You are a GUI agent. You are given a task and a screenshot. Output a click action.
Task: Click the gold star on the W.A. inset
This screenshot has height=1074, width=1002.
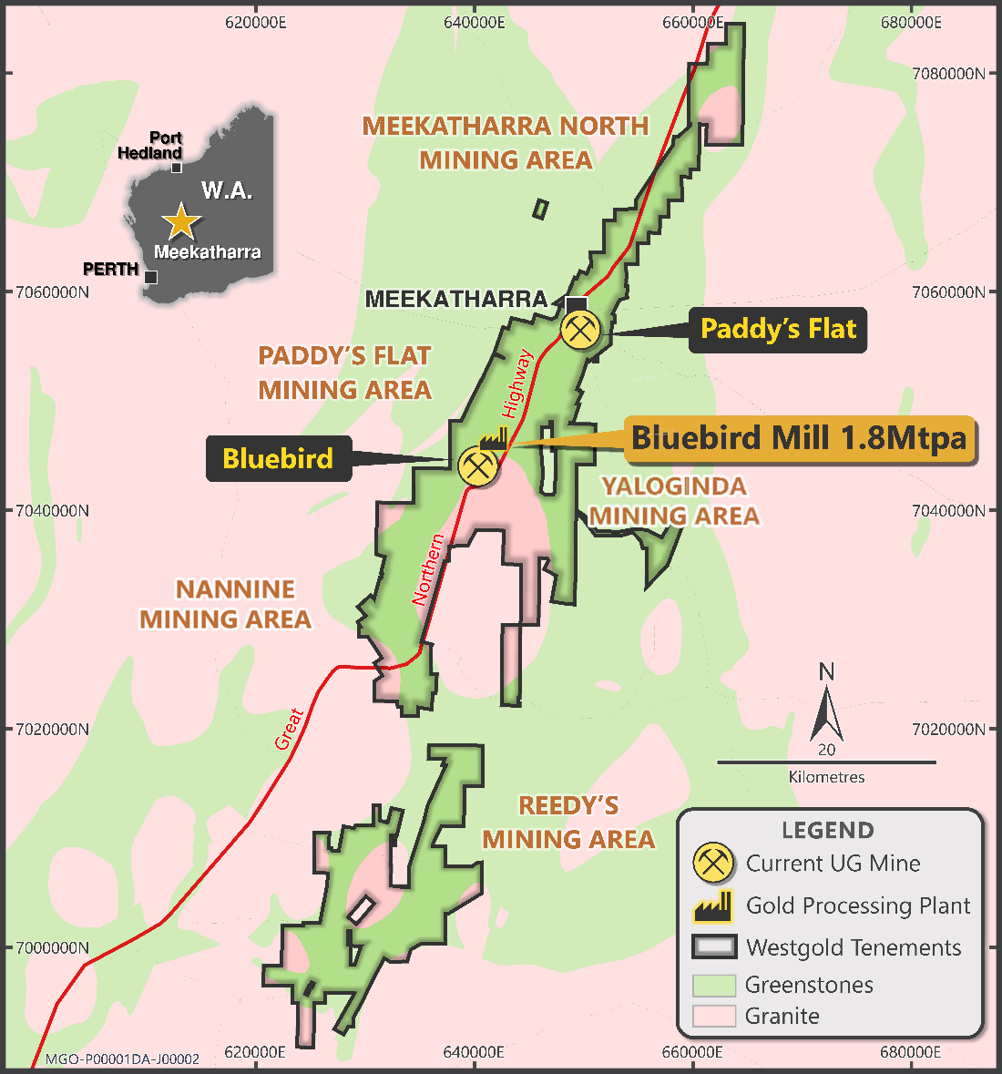(181, 221)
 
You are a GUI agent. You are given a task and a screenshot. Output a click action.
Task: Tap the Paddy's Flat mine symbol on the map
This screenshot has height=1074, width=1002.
(580, 329)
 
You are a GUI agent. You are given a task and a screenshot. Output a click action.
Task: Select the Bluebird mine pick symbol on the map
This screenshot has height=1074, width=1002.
(477, 466)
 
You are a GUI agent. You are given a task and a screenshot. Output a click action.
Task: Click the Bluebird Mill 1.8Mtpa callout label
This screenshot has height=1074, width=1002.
(799, 439)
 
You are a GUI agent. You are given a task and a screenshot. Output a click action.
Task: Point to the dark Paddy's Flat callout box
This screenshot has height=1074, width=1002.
(778, 329)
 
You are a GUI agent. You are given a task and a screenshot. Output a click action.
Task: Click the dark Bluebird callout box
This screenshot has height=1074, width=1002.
(278, 458)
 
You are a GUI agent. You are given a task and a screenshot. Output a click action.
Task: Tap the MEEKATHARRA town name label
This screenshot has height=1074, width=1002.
(456, 299)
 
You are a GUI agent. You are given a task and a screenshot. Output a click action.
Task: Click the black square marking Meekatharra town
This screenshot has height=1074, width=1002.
(576, 303)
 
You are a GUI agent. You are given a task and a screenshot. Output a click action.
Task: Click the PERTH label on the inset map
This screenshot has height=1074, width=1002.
(110, 270)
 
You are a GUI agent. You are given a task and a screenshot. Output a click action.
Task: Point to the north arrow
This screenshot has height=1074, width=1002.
(826, 707)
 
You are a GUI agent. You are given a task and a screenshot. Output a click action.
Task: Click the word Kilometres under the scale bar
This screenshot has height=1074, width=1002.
(826, 777)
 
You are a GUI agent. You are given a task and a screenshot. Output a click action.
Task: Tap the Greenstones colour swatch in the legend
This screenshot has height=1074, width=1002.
(713, 985)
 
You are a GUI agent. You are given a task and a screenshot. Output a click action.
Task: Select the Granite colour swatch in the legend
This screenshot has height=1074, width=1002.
(713, 1016)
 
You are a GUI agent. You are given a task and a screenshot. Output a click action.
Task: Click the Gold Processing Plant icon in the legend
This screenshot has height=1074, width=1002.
(713, 905)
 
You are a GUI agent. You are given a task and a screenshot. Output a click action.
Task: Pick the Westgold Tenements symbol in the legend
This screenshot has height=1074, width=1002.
(713, 947)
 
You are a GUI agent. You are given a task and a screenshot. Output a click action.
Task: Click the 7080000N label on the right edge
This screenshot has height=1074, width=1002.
(948, 74)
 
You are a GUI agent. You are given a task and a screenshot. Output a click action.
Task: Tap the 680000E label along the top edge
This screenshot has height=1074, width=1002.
(911, 22)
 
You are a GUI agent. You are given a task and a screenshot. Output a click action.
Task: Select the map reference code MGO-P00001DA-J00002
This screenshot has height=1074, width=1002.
(122, 1059)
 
